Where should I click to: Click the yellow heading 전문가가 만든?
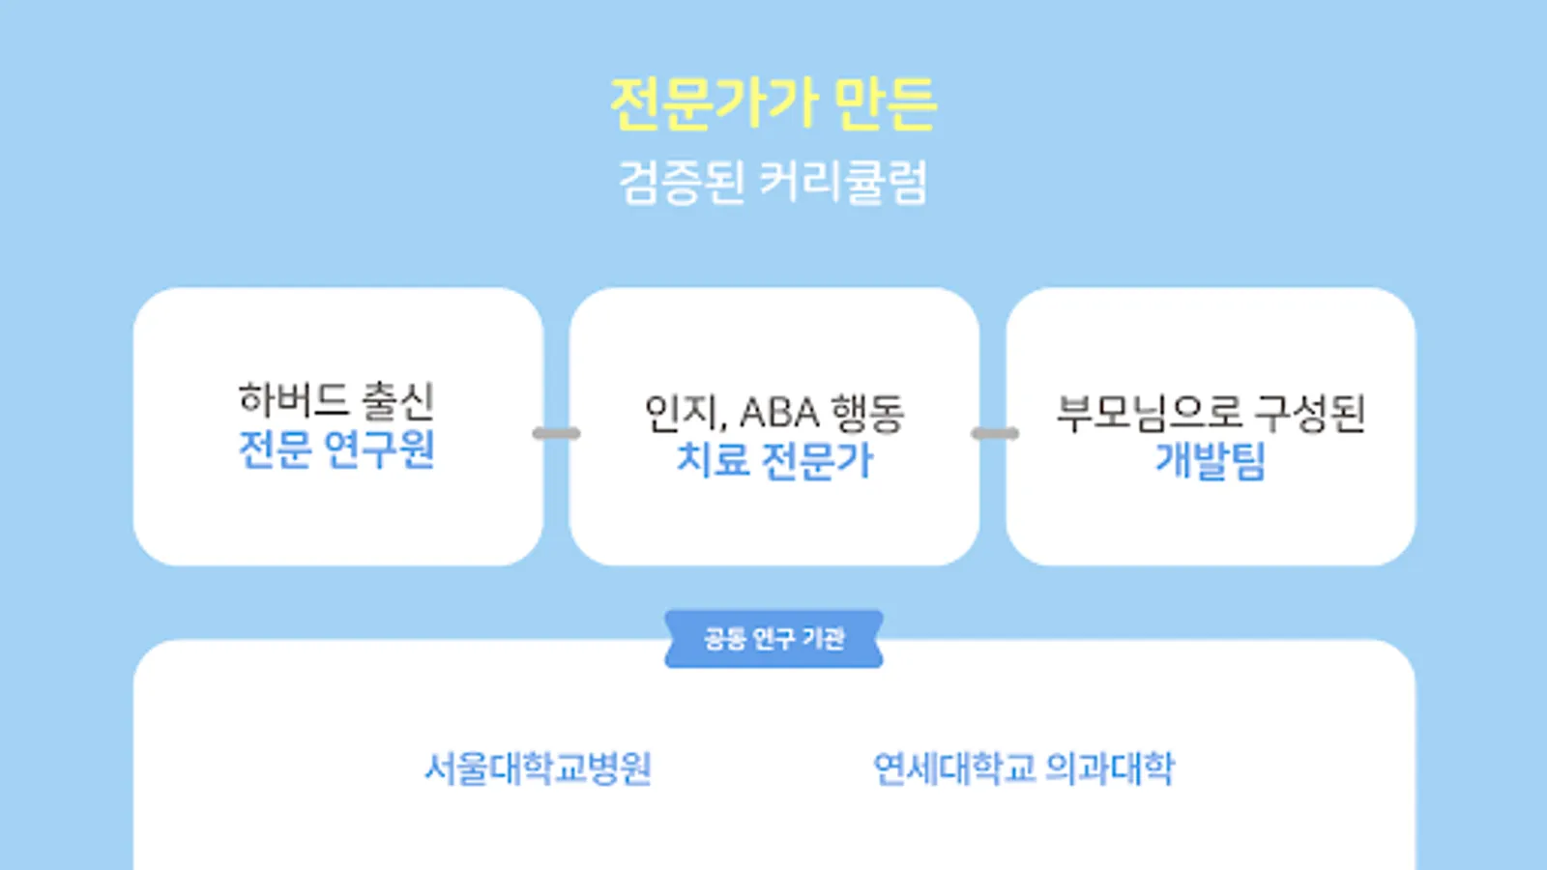coord(773,104)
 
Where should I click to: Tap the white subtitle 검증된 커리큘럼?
coord(773,182)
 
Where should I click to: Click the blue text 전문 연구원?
coord(336,449)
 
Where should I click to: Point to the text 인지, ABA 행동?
coord(773,413)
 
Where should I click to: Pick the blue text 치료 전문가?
coord(773,460)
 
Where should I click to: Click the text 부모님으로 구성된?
coord(1211,413)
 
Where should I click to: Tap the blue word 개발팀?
coord(1211,460)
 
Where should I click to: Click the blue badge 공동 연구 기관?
coord(773,639)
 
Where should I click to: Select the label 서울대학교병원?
coord(539,769)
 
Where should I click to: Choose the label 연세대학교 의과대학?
coord(1024,769)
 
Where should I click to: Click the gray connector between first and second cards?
coord(557,433)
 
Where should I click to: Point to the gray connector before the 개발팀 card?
coord(994,433)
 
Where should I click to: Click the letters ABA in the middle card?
coord(779,414)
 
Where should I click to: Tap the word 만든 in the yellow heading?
coord(884,104)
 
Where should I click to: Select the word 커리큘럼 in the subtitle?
coord(843,182)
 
